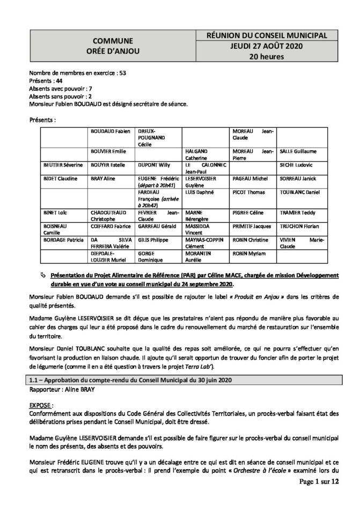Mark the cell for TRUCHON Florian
coord(294,227)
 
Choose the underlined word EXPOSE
coord(42,402)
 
